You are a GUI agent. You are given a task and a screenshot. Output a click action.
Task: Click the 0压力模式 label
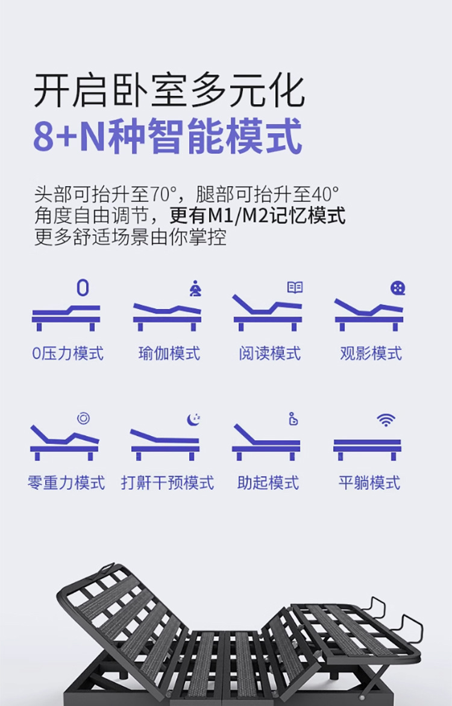point(67,354)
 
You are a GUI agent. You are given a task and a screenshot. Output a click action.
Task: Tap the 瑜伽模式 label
point(169,354)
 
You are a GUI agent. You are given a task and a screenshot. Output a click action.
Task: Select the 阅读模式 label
point(269,354)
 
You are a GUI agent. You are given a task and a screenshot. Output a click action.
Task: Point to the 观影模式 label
point(371,354)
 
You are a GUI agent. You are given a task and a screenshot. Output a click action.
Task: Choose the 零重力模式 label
point(66,483)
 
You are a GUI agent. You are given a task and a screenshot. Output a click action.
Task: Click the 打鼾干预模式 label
point(167,483)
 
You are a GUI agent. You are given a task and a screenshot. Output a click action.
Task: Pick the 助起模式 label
point(268,483)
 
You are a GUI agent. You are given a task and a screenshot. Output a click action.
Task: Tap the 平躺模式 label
point(369,483)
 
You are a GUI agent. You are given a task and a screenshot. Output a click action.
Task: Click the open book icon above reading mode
point(295,287)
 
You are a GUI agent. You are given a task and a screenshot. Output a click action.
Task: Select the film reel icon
point(398,288)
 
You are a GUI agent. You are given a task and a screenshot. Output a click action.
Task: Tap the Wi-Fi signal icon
point(386,420)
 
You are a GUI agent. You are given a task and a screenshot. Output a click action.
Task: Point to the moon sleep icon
point(194,419)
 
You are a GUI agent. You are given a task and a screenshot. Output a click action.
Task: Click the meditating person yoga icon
point(196,288)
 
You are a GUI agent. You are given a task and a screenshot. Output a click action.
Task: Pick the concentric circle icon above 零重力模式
point(83,418)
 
